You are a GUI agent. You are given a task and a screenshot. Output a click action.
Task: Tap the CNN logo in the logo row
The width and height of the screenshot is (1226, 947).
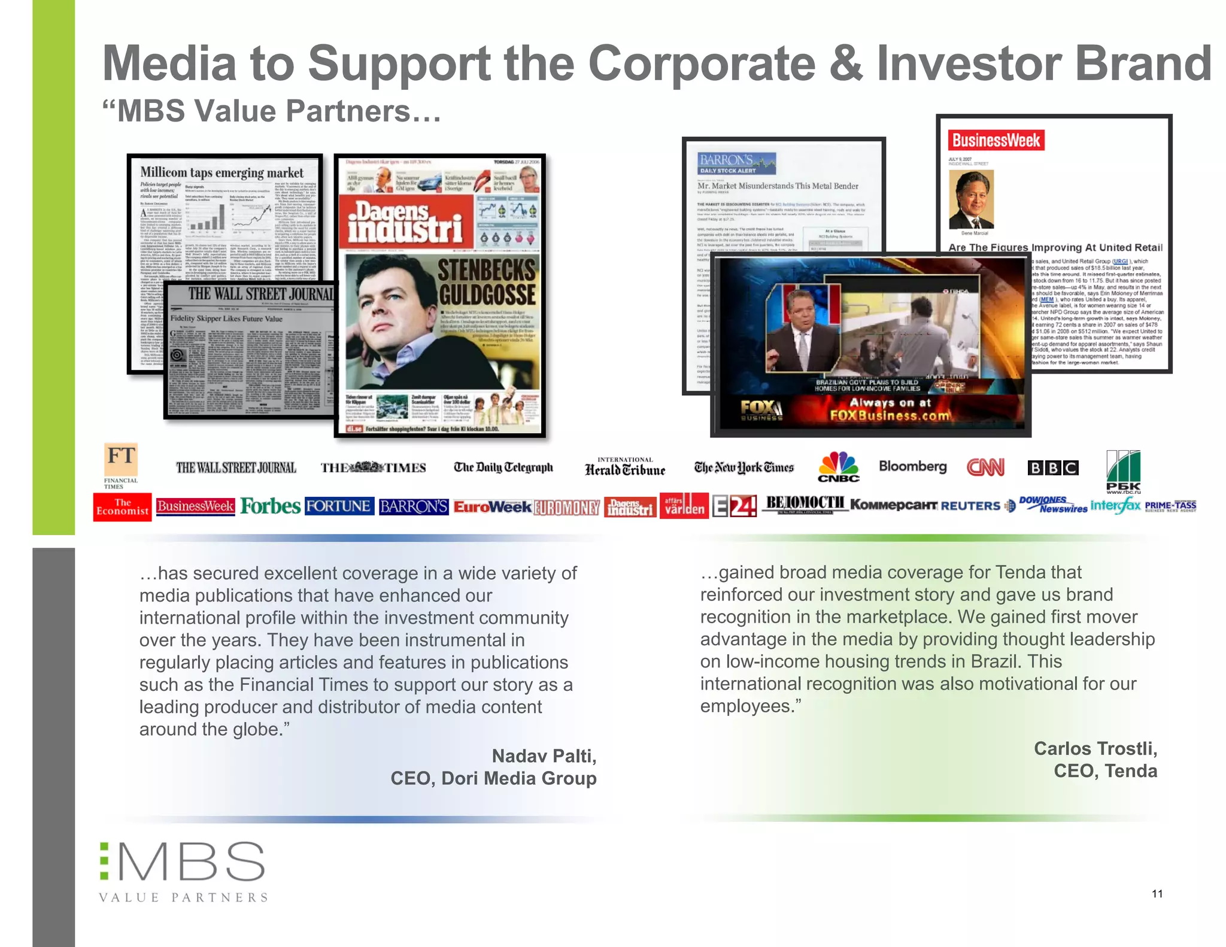(985, 467)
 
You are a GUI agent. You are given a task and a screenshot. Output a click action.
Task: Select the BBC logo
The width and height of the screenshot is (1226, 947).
(1053, 468)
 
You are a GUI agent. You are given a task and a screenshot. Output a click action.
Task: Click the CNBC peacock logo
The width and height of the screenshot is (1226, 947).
(839, 466)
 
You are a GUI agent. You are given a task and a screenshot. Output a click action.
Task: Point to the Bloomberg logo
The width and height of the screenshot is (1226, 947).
(912, 466)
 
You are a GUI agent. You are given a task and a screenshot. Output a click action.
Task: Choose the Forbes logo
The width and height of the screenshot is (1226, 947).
(270, 506)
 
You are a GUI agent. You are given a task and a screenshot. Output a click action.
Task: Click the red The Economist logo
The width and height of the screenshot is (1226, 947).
(122, 507)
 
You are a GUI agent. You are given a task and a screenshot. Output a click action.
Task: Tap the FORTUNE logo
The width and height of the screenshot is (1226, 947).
(339, 506)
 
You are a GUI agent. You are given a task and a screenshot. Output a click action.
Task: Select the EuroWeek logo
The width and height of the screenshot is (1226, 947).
(492, 507)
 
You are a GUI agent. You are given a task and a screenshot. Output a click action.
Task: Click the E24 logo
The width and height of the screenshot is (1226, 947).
(735, 506)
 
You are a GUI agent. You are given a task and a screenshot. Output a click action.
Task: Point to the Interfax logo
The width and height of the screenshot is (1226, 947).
(1116, 506)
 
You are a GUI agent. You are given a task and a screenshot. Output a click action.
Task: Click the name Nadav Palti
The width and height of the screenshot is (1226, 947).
(544, 756)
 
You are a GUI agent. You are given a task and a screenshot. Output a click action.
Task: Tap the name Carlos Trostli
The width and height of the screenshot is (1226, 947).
(1095, 748)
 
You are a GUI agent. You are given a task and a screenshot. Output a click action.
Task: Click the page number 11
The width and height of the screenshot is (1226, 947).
(1157, 894)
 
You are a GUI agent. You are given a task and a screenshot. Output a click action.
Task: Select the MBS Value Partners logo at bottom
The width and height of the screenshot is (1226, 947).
(183, 872)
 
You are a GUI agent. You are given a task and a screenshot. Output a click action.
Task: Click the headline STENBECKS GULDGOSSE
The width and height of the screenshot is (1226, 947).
(487, 283)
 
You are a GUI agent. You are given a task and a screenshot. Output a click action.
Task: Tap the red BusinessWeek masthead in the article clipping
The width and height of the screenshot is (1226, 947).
(996, 141)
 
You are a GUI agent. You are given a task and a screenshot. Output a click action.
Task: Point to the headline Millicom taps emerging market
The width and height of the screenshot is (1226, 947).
(222, 172)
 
